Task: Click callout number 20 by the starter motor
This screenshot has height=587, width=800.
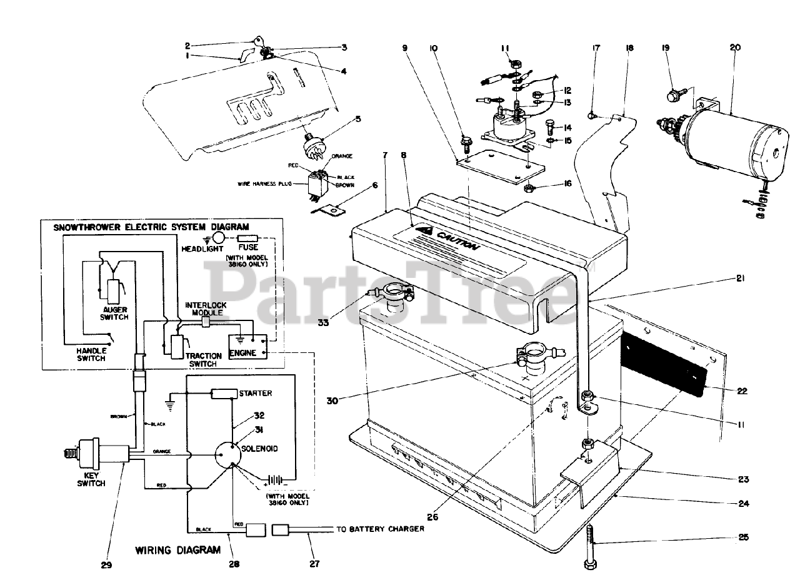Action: point(734,47)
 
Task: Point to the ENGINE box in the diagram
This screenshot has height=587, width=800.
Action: point(243,353)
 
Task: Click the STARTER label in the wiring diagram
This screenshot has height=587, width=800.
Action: point(255,394)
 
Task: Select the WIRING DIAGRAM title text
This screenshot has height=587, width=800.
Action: point(178,550)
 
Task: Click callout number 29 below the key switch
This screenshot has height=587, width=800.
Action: point(106,565)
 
